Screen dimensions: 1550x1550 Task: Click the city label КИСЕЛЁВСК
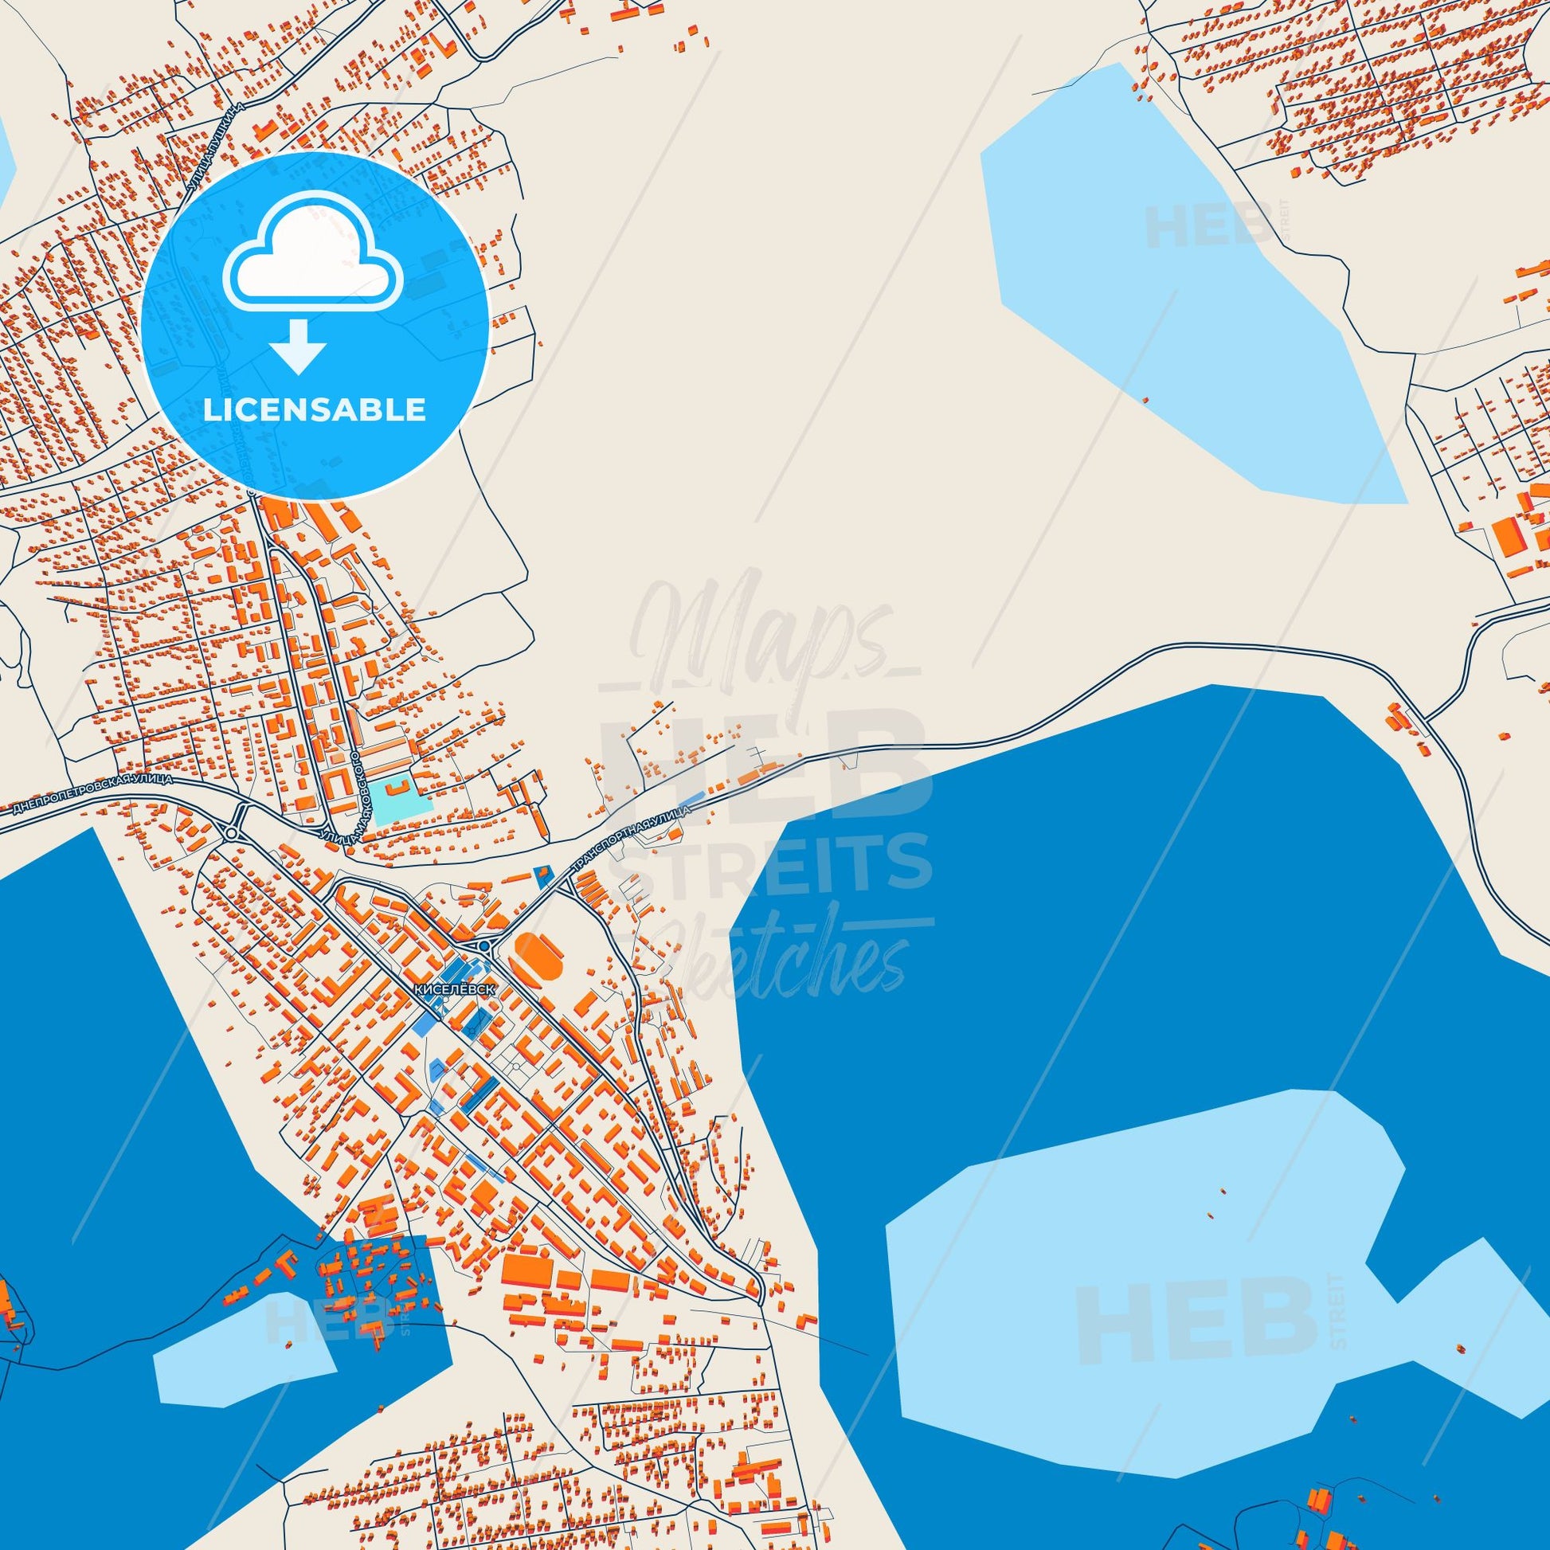(x=455, y=989)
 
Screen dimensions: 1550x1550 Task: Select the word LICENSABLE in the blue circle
(x=315, y=410)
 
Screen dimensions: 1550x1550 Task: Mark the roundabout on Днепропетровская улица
(x=233, y=833)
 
